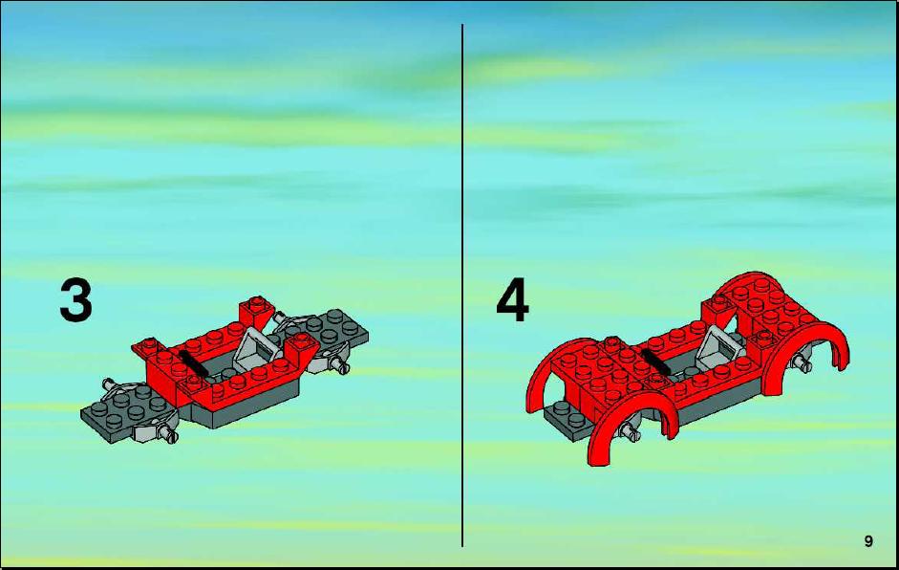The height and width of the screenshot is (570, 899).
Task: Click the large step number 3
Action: point(75,300)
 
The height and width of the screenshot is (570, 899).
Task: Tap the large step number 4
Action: point(512,299)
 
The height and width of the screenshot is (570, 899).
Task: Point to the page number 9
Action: point(868,541)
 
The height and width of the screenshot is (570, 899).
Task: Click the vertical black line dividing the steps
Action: point(462,285)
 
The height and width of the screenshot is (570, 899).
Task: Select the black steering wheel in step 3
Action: point(193,362)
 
